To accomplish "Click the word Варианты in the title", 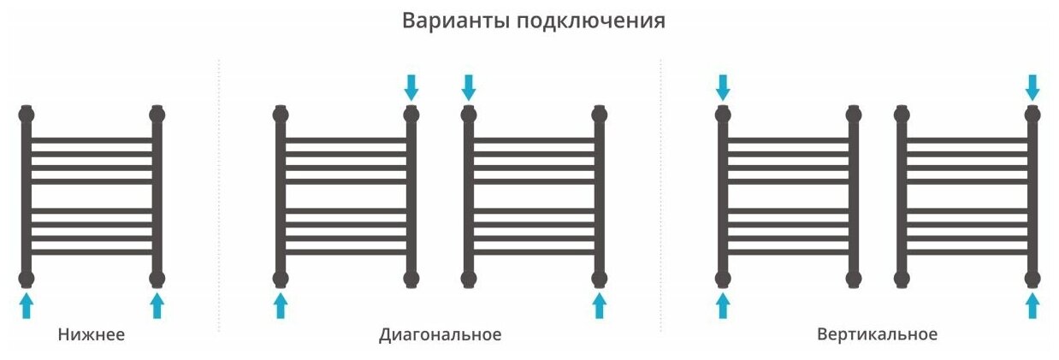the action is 455,21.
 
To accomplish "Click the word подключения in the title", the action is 590,21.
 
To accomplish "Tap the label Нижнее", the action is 92,334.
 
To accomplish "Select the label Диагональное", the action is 440,334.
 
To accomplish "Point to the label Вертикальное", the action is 877,334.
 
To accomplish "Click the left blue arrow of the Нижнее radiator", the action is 27,304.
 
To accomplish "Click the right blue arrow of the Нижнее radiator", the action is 157,304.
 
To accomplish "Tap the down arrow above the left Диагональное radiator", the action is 411,86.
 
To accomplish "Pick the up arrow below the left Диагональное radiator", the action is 281,304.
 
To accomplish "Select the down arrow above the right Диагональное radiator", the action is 468,86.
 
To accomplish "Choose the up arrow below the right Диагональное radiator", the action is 599,304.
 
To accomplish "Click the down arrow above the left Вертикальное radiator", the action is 723,86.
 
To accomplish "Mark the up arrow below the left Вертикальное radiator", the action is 723,304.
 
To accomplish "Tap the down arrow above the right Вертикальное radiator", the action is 1032,86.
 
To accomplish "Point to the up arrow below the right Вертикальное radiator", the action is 1032,304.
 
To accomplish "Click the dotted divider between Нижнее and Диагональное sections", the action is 219,197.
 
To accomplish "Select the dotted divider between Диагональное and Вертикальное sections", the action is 660,197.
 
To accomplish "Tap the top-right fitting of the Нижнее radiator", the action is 157,114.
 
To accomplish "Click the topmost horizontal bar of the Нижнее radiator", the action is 92,139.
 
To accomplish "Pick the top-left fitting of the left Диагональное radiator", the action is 281,114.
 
